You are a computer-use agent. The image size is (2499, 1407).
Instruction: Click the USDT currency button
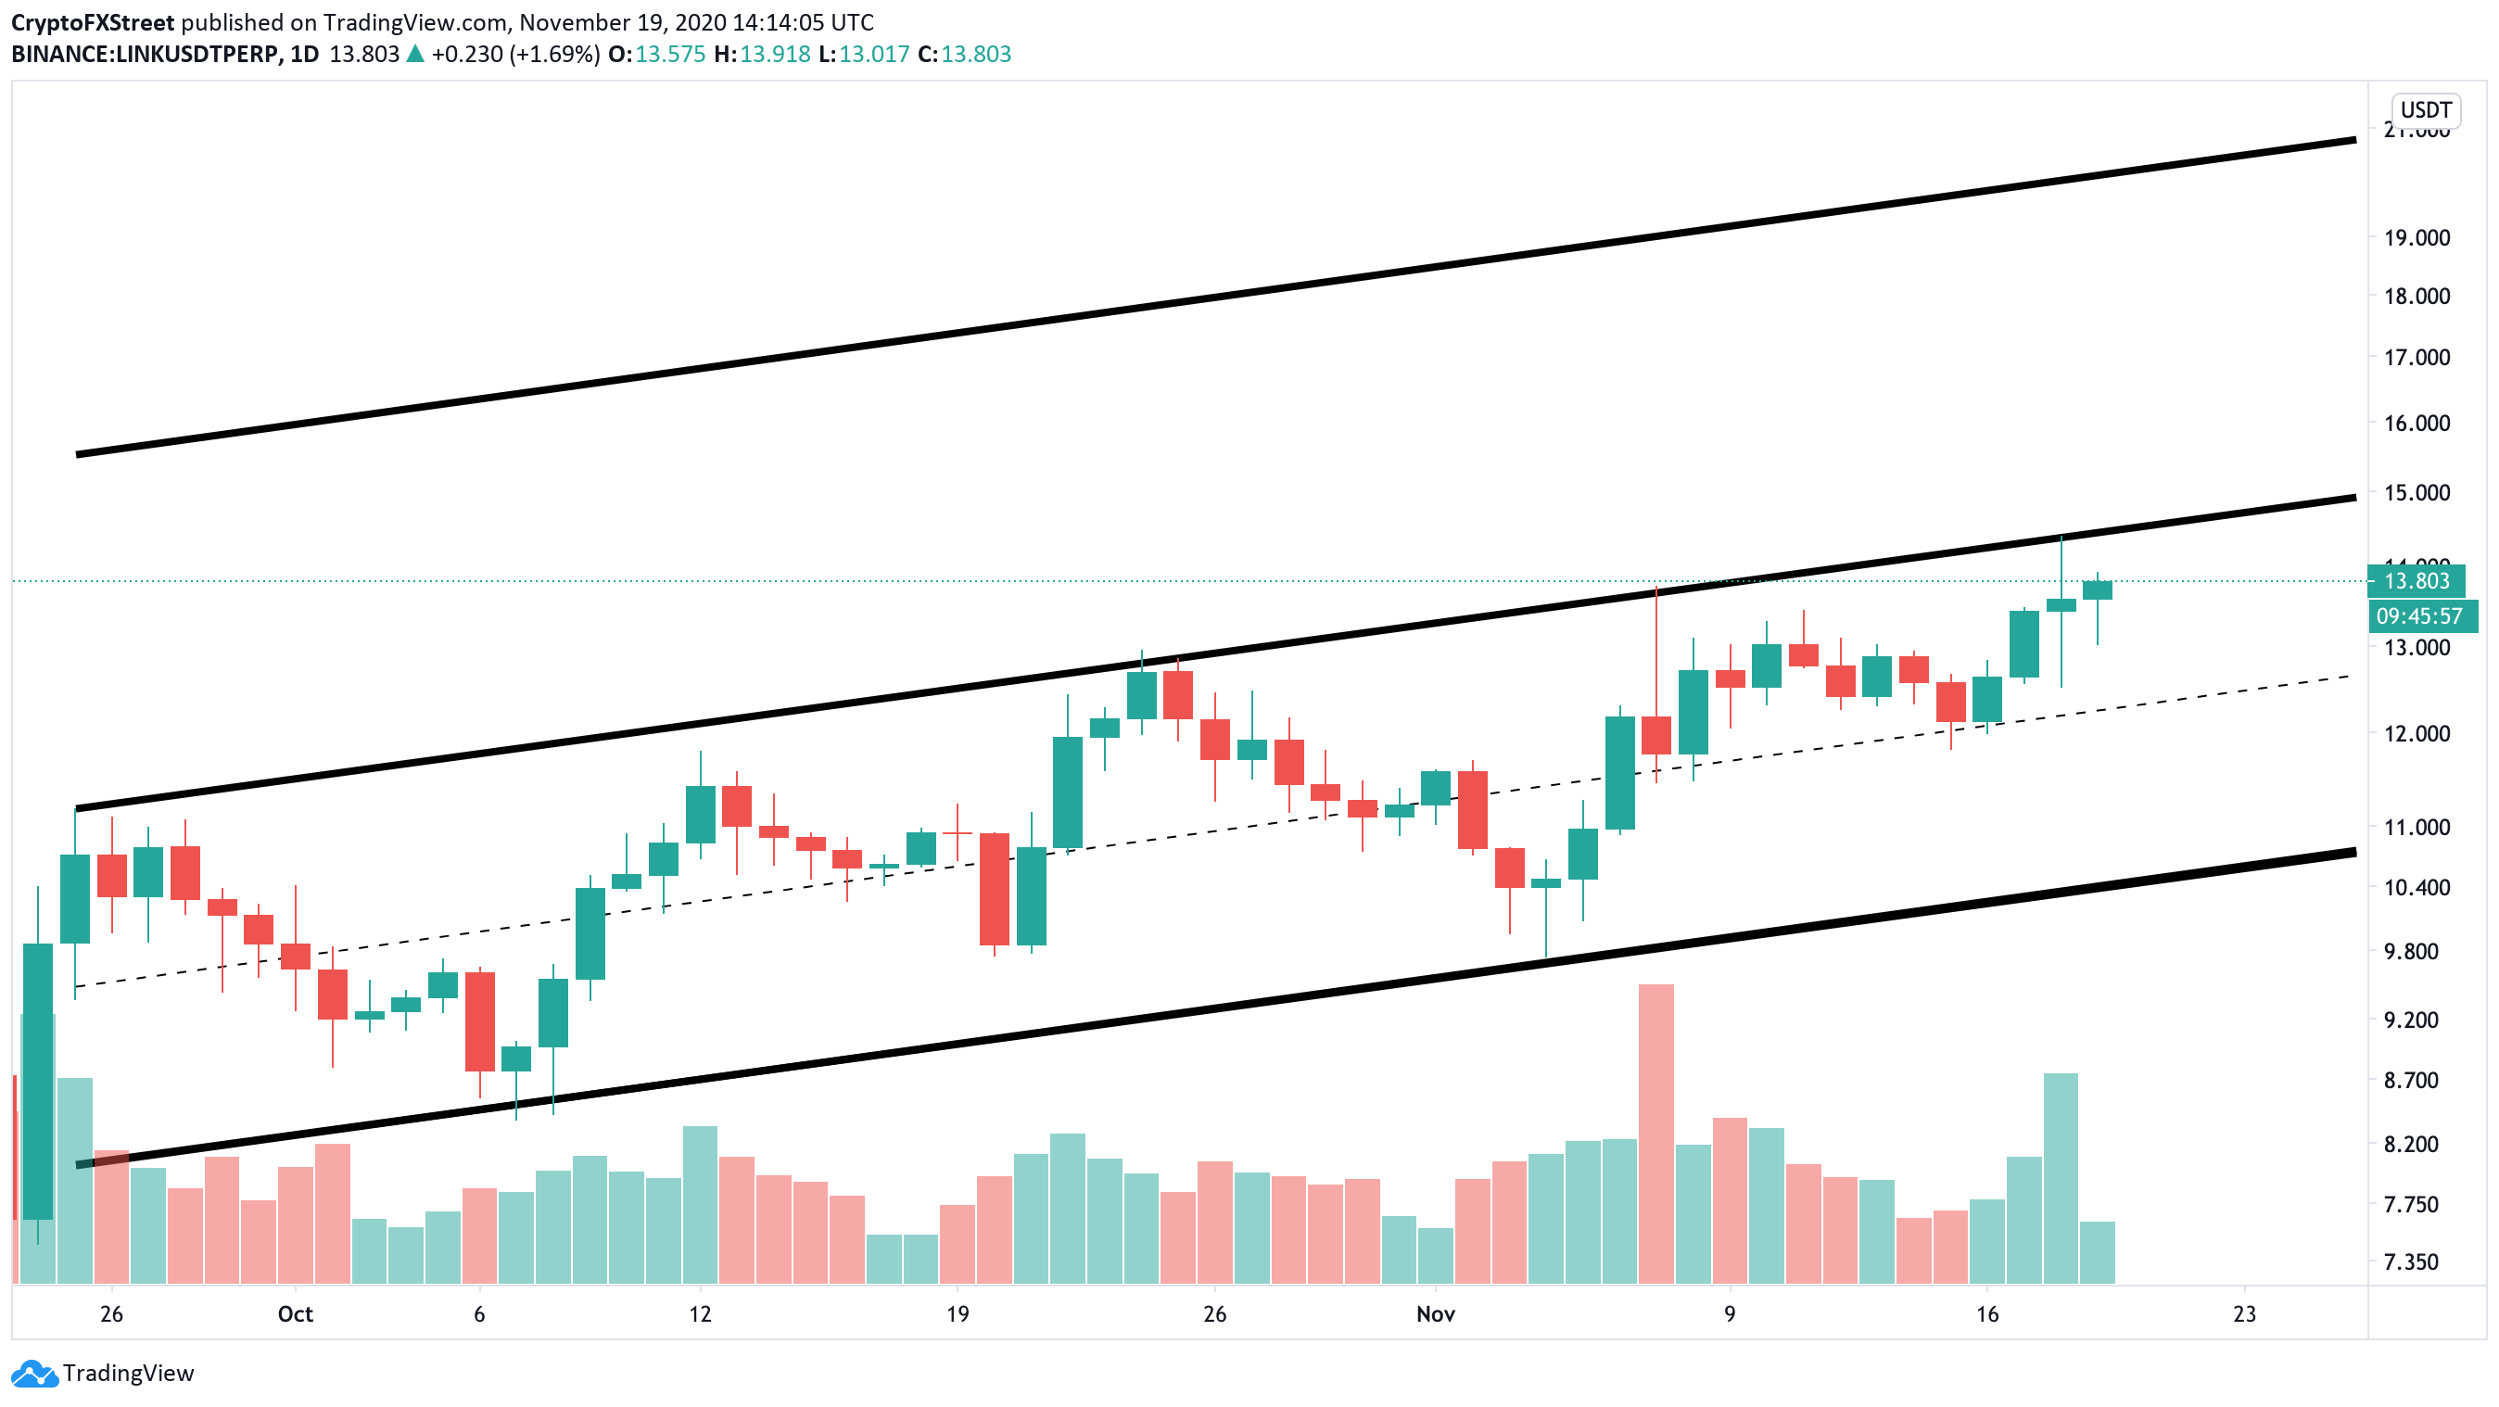[x=2425, y=109]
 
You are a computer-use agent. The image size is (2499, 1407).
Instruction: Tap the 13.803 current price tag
[x=2416, y=580]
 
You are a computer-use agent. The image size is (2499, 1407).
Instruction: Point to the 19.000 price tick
[x=2417, y=237]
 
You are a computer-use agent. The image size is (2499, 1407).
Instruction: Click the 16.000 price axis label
[x=2417, y=423]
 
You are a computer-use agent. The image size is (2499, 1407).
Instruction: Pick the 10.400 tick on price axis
[x=2417, y=887]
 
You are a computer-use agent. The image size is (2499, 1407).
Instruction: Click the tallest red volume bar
[x=1656, y=1133]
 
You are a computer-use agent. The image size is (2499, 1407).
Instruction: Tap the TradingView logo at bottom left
[x=103, y=1373]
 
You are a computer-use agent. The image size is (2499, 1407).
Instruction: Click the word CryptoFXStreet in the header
[x=93, y=22]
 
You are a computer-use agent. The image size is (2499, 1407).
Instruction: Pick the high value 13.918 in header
[x=774, y=55]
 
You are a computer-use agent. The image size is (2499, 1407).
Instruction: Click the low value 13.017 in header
[x=873, y=55]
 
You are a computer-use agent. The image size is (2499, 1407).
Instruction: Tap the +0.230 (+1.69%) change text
[x=514, y=55]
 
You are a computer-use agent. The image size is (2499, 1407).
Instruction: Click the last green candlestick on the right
[x=2097, y=590]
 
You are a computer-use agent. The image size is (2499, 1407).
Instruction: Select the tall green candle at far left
[x=38, y=1080]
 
